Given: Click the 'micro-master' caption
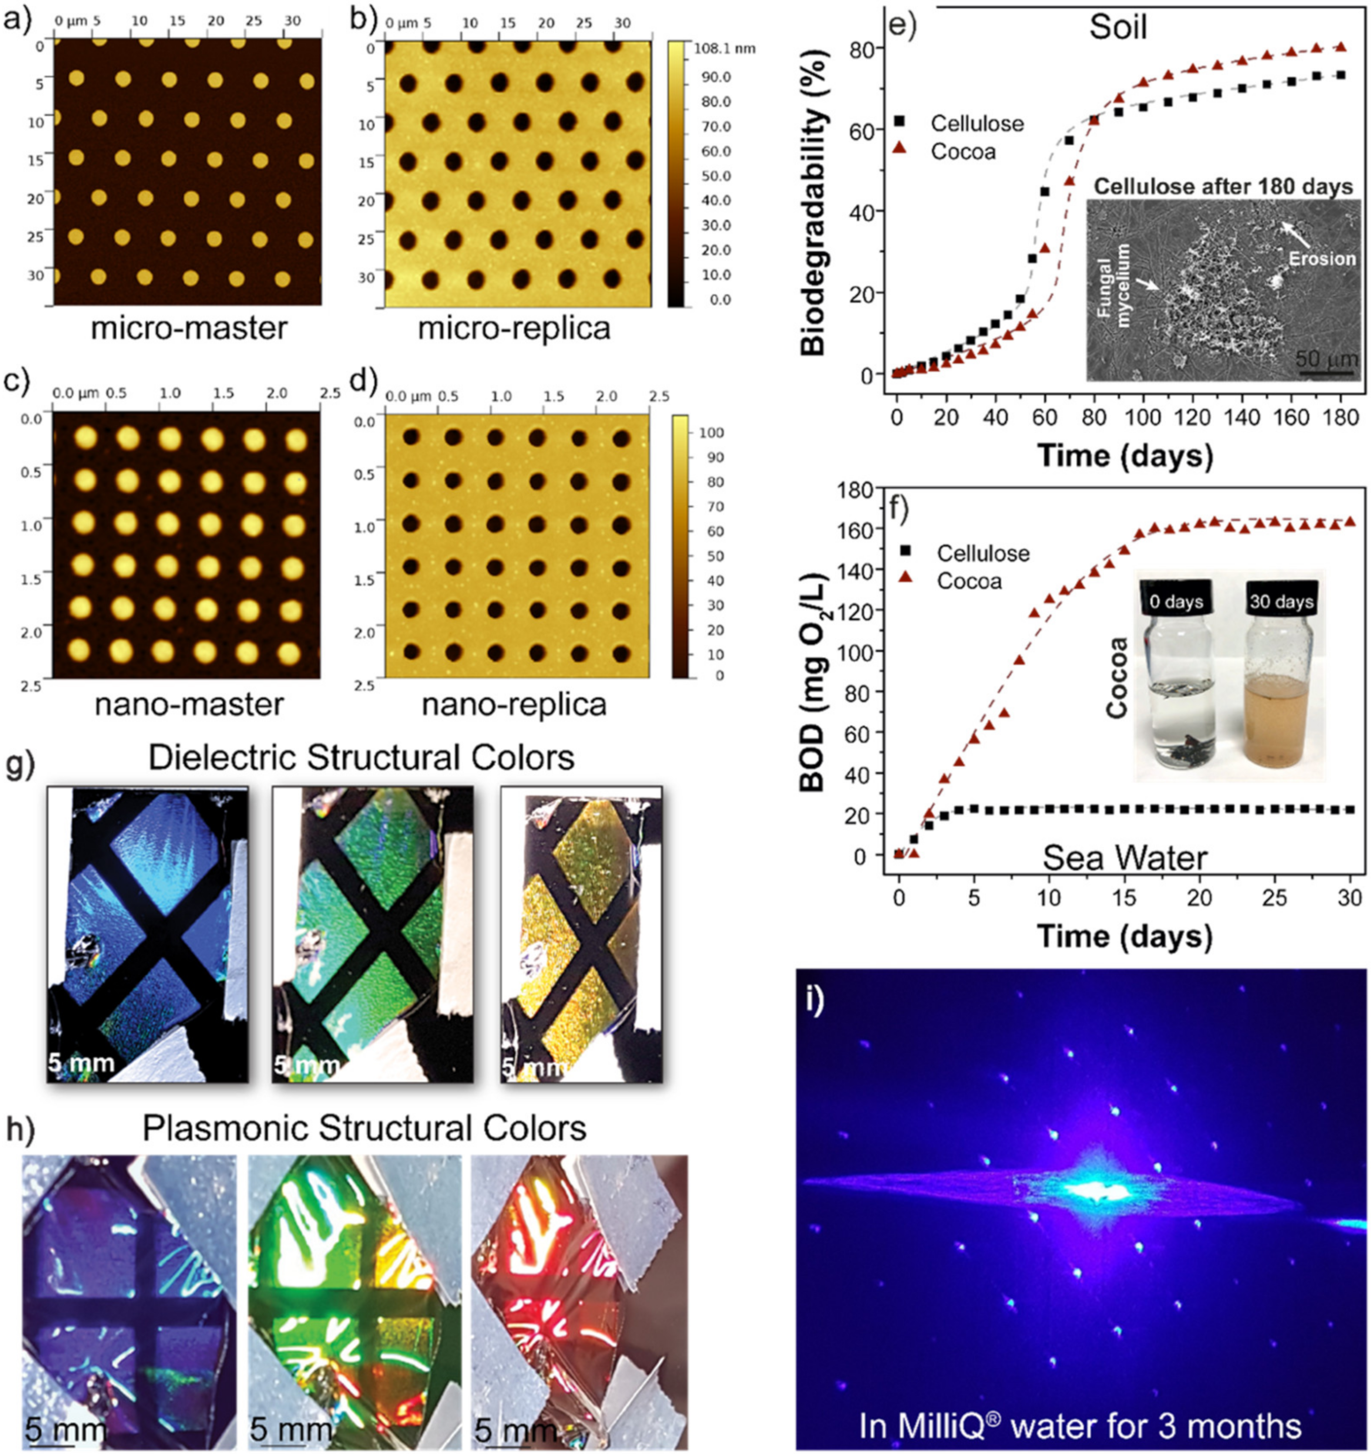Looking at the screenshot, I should click(x=188, y=327).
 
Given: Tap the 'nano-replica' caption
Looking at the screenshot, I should click(x=514, y=704).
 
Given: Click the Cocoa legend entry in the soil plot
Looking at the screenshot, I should click(x=962, y=152).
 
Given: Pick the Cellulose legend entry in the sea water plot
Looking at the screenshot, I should click(x=983, y=553).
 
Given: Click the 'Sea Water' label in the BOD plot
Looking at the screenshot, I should click(x=1124, y=857).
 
